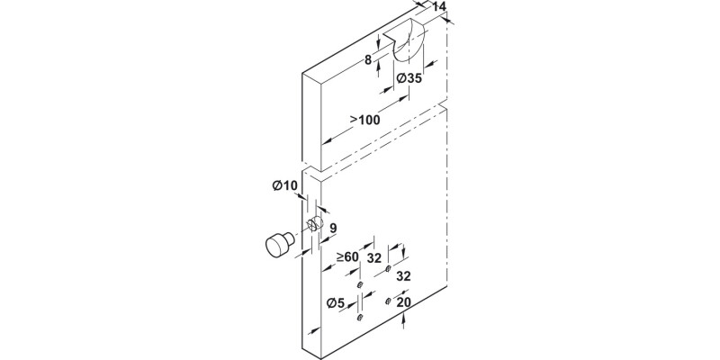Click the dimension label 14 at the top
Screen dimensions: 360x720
click(439, 7)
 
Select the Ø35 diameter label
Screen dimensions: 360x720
click(409, 79)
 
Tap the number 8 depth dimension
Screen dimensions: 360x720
click(369, 60)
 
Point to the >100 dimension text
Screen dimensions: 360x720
click(364, 120)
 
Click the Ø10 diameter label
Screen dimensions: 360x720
click(284, 186)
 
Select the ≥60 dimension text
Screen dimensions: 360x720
click(347, 257)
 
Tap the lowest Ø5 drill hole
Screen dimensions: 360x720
click(358, 317)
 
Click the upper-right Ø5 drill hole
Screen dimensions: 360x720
click(388, 269)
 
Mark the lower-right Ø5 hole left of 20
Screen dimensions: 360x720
click(388, 300)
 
